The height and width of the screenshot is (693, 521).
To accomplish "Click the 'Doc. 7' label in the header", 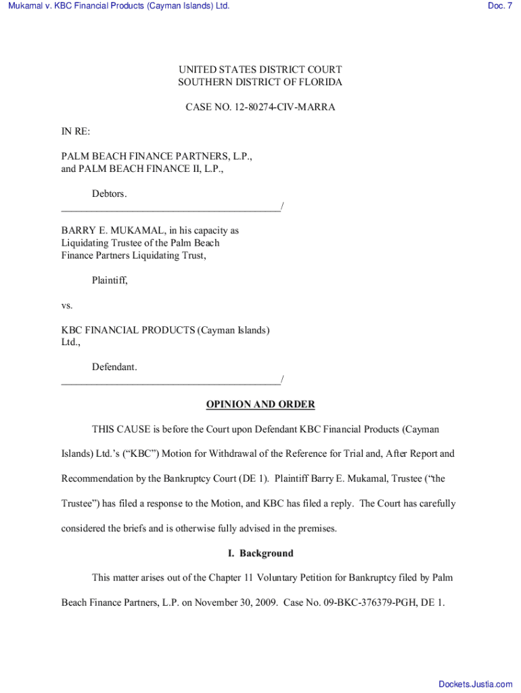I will coord(499,6).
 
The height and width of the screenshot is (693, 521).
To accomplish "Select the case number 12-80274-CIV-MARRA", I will coord(284,107).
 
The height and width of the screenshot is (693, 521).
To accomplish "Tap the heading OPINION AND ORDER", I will coord(260,405).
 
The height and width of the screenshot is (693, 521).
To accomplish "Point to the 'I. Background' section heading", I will coord(260,553).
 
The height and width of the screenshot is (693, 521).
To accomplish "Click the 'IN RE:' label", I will coord(76,131).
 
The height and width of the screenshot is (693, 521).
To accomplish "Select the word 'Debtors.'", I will coord(110,194).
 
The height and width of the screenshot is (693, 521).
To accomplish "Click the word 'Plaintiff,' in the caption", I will coord(110,280).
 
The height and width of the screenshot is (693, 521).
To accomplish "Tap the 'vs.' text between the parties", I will coord(67,305).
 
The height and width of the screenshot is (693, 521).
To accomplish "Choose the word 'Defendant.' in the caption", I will coord(114,367).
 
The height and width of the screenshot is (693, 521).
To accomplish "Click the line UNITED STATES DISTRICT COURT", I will coord(260,70).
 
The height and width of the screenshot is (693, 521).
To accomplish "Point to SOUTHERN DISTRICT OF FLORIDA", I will coord(260,82).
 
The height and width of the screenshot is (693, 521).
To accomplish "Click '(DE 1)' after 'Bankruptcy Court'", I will coord(254,478).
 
